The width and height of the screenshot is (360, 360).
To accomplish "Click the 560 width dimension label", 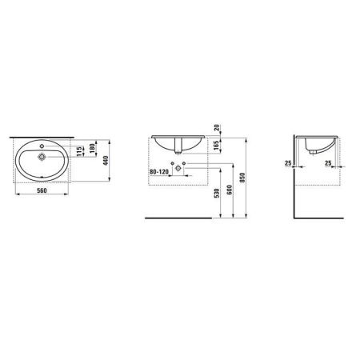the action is pyautogui.click(x=42, y=190).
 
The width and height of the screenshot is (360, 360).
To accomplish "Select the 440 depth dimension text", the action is pyautogui.click(x=106, y=160).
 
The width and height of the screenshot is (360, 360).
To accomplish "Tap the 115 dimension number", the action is pyautogui.click(x=79, y=151).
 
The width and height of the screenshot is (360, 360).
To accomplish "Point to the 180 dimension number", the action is pyautogui.click(x=92, y=148).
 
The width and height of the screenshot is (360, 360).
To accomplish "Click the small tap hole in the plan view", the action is pyautogui.click(x=42, y=146).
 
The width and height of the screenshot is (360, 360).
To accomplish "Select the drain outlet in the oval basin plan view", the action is pyautogui.click(x=42, y=157).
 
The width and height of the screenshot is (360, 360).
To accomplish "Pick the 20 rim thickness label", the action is pyautogui.click(x=218, y=127).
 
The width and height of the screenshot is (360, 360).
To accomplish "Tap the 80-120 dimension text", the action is pyautogui.click(x=159, y=172).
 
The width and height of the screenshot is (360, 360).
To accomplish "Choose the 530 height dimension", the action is pyautogui.click(x=217, y=193).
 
